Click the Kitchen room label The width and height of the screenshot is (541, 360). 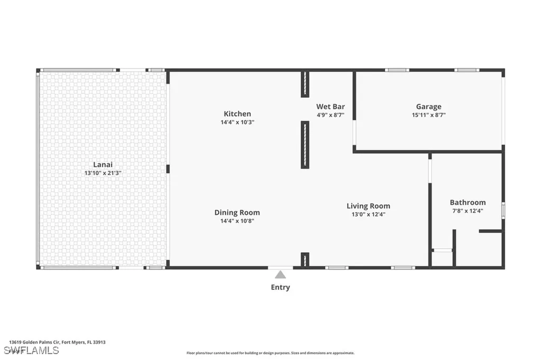coord(237,114)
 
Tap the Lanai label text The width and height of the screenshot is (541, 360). coord(103,165)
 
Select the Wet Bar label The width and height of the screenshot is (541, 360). coord(331,107)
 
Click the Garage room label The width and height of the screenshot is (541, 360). coord(428,107)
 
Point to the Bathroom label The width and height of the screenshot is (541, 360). coord(468,202)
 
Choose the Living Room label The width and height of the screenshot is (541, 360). coord(368,206)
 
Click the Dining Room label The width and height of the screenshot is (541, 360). coord(237,213)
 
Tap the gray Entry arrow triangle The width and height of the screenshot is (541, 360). coord(281,275)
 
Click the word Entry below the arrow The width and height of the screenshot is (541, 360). coord(280,287)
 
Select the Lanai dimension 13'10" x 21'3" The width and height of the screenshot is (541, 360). coord(103,173)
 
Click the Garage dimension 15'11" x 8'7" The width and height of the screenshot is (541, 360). coord(428,115)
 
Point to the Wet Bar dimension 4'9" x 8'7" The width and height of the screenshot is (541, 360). coord(331,115)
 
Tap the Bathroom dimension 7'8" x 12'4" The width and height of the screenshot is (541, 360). coord(468,211)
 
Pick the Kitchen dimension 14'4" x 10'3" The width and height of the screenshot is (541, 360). coord(237,122)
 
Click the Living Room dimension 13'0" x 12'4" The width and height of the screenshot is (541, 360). coord(368,214)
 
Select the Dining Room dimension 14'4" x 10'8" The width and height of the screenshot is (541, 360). coord(237,221)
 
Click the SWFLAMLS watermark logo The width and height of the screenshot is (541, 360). coord(31,350)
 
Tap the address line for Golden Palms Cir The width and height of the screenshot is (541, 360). coord(57,343)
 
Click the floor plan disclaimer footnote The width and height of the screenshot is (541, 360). coord(270,353)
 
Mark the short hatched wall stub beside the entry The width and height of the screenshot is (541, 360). coord(305,260)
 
